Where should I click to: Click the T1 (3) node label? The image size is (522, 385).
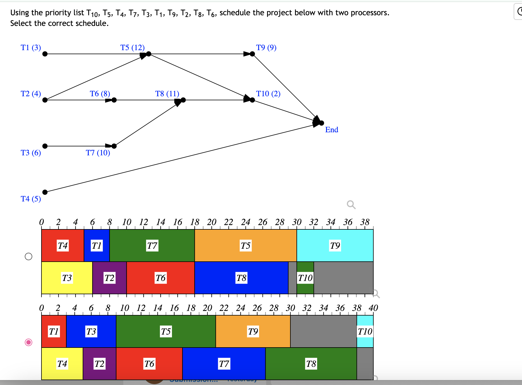click(31, 48)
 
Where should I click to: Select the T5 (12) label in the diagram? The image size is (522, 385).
click(132, 48)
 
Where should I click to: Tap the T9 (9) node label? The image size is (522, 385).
click(266, 48)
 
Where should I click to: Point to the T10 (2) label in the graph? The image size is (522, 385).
click(268, 94)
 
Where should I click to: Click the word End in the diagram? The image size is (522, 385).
click(332, 130)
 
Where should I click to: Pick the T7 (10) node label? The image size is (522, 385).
click(98, 153)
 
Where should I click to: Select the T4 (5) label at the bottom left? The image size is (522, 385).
click(31, 199)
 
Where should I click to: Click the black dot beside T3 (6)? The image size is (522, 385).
click(45, 146)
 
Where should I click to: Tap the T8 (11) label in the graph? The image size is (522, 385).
click(167, 94)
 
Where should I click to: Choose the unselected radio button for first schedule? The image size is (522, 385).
click(29, 256)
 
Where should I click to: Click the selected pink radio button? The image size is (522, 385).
click(29, 342)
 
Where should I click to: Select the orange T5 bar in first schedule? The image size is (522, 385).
click(245, 246)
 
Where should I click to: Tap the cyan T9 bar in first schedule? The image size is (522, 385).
click(335, 246)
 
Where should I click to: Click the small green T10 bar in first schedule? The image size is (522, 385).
click(305, 278)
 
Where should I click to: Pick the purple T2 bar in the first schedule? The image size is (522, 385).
click(109, 278)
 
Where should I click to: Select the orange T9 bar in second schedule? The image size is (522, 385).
click(253, 331)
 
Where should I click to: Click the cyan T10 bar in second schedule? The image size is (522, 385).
click(365, 331)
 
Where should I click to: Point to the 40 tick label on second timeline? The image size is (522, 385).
click(373, 308)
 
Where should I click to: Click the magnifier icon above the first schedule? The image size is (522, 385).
click(351, 205)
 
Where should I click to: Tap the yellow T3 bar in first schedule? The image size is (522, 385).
click(67, 278)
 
